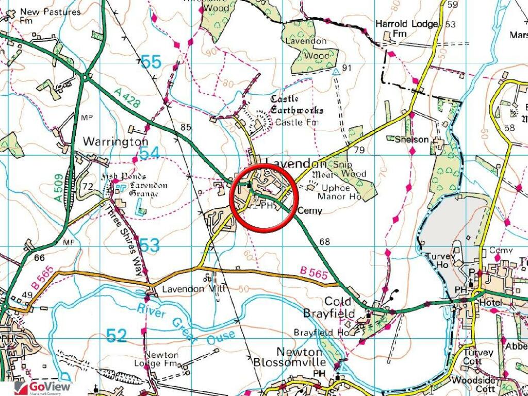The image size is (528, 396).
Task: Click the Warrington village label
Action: (x=115, y=141)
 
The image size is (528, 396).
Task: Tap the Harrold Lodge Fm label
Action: (x=398, y=29)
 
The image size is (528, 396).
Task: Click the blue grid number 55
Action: (x=151, y=62)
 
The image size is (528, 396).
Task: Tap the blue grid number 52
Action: (x=117, y=336)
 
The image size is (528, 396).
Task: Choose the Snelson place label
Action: (x=411, y=139)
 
